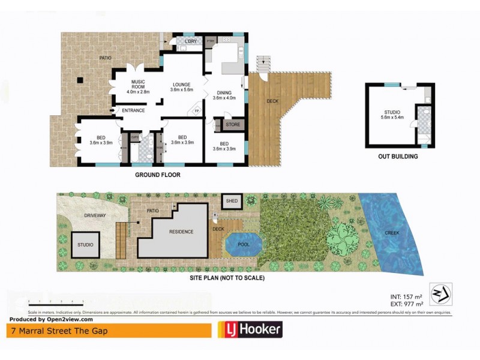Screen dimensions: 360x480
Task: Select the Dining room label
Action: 224,94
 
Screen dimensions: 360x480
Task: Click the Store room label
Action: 233,125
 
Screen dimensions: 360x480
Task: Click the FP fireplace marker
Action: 196,112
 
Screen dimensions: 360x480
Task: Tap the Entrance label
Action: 133,110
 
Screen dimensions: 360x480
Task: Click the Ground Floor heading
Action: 157,175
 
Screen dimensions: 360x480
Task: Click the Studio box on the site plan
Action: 85,245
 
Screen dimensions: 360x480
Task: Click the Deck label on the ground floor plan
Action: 274,101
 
